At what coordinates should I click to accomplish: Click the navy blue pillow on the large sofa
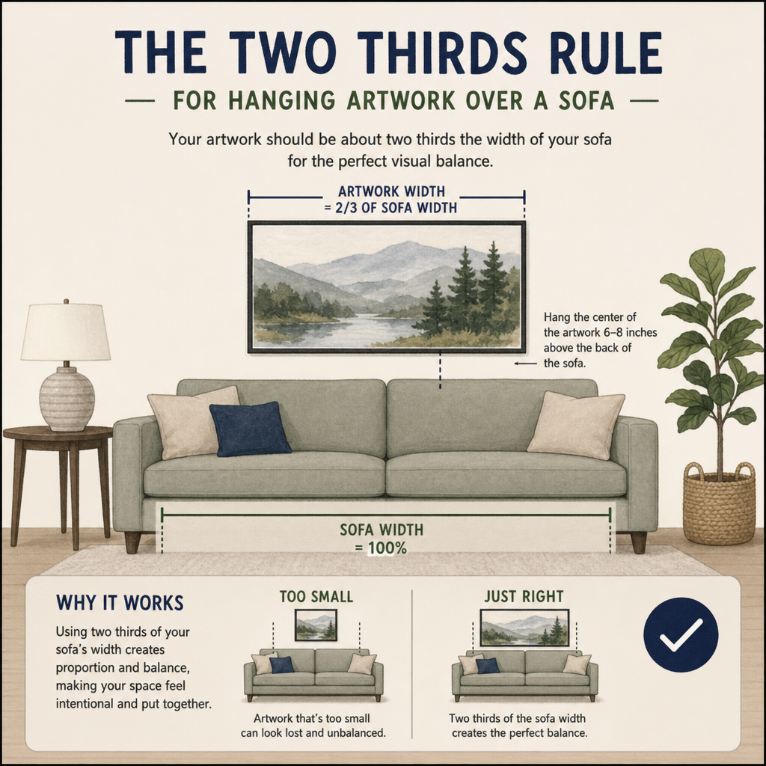point(250,429)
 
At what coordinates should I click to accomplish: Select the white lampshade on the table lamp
point(66,332)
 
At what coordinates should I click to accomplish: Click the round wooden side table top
point(58,433)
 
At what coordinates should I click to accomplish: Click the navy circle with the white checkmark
point(681,634)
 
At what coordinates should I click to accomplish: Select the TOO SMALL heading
point(316,596)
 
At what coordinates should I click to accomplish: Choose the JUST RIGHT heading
point(524,596)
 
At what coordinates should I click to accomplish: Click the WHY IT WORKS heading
point(120,603)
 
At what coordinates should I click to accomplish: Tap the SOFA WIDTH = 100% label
point(382,539)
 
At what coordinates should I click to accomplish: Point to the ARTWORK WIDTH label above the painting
point(390,191)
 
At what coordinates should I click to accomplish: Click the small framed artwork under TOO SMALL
point(316,625)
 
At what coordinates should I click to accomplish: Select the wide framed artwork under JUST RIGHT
point(524,628)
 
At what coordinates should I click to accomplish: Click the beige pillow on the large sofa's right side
point(576,425)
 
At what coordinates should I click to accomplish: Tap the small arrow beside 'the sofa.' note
point(525,364)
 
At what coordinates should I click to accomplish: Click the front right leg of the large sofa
point(639,542)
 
